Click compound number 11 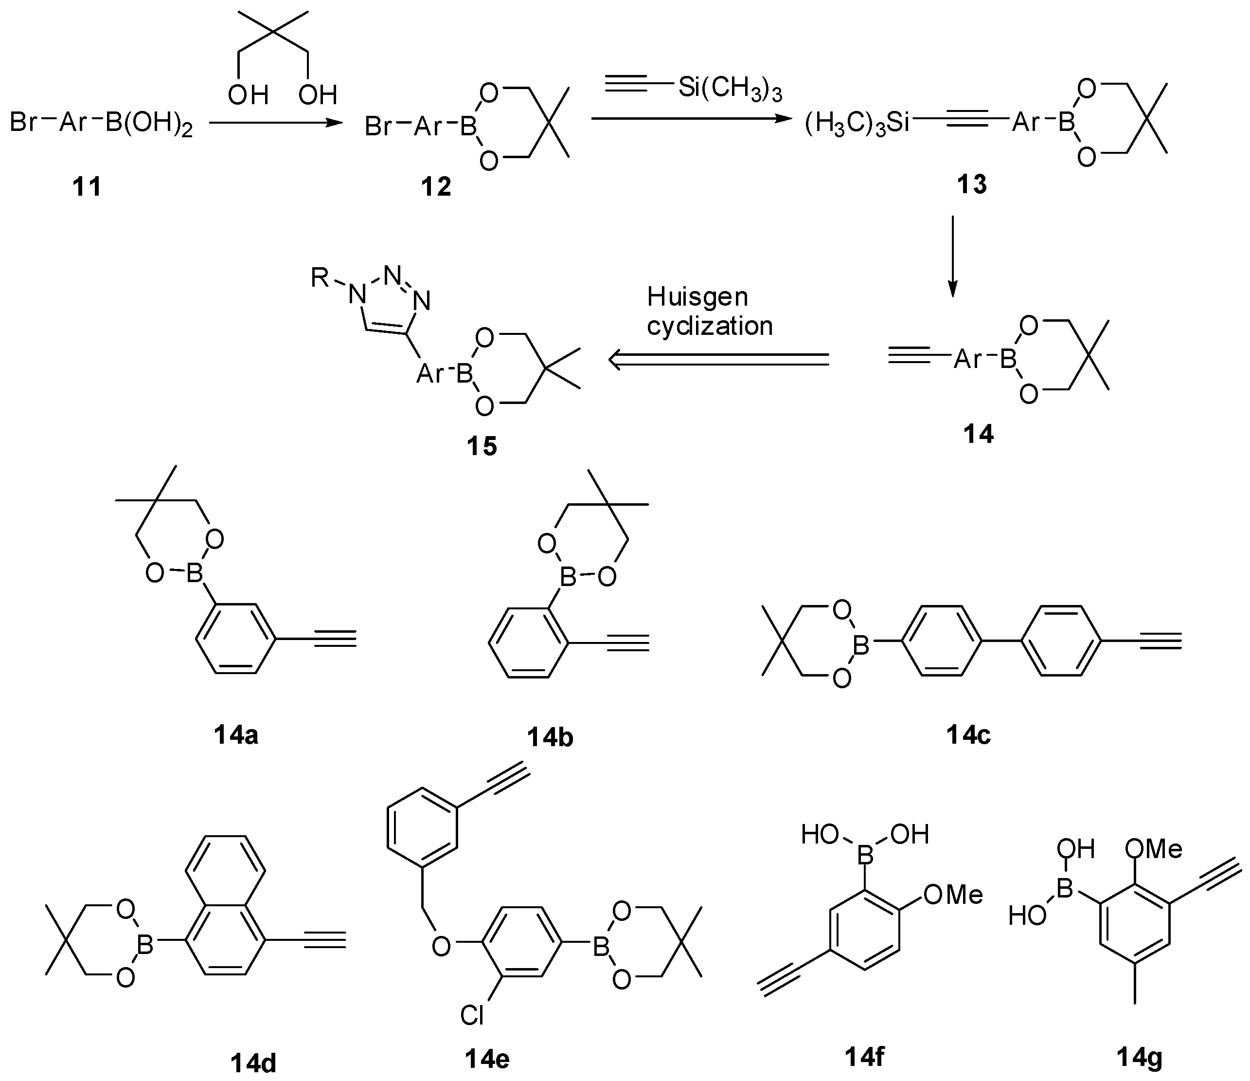[x=87, y=186]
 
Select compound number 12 [x=436, y=186]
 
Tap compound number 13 [x=972, y=184]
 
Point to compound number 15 [x=482, y=446]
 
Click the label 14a [x=236, y=734]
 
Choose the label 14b [x=550, y=737]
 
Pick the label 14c [x=968, y=734]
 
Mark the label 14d [x=253, y=1063]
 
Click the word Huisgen [x=697, y=297]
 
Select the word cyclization [x=710, y=327]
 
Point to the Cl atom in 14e [x=472, y=1016]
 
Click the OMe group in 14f [x=953, y=895]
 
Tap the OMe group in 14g [x=1154, y=849]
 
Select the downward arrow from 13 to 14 [x=953, y=257]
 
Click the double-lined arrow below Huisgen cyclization [x=718, y=360]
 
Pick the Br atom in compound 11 [x=24, y=123]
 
